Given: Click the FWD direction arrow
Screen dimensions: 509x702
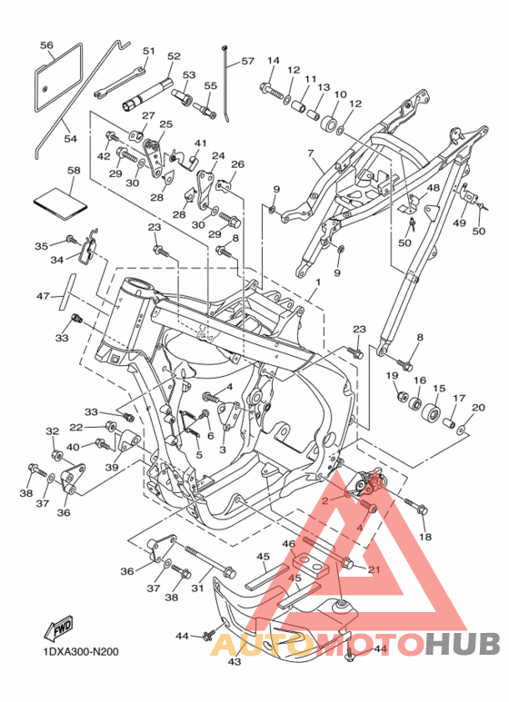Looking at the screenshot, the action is coord(58,628).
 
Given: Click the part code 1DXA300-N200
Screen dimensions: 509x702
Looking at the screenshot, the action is coord(81,651).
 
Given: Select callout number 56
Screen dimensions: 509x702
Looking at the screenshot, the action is coord(46,45).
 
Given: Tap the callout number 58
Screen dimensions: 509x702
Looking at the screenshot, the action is coord(74,170).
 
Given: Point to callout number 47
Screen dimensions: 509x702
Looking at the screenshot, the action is coord(43,296).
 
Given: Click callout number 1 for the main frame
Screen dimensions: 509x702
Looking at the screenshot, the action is coord(318,282).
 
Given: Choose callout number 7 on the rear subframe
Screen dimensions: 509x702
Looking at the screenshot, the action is coord(311,153).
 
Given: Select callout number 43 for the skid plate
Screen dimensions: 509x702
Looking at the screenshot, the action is coord(235,661).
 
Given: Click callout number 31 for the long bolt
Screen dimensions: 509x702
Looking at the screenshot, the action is coord(197,588).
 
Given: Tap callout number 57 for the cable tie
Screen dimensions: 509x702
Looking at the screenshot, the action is coord(248,61).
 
